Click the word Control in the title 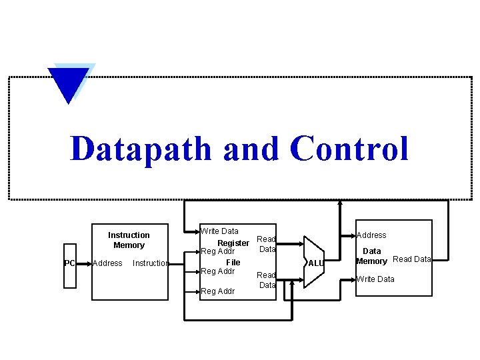349,148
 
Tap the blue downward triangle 69,84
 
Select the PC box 70,263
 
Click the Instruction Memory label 129,240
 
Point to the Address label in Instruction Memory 107,263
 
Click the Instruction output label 150,263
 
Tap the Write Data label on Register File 220,231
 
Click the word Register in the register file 233,243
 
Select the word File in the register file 233,262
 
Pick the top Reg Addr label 218,251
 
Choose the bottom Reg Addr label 218,291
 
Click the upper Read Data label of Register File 267,244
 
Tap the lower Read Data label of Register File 267,280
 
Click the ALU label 316,263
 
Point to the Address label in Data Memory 371,235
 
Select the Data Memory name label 371,257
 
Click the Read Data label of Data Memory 412,259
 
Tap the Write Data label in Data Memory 375,279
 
